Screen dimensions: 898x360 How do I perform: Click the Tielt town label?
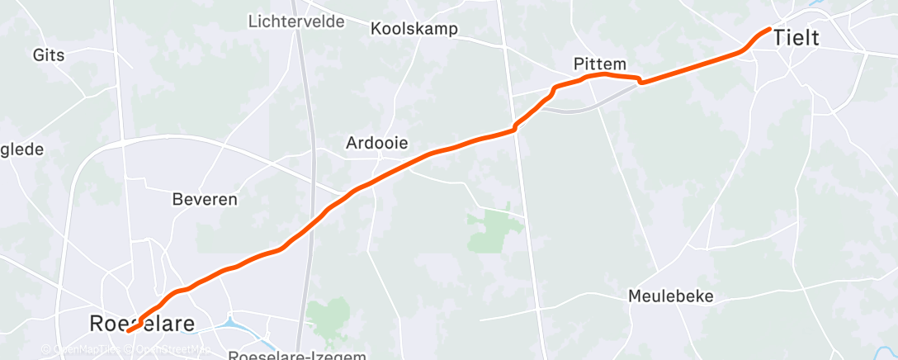(796, 37)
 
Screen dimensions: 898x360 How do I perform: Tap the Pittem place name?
(600, 64)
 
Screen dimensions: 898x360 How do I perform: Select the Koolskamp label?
(414, 30)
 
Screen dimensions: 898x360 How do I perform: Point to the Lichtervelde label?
(296, 21)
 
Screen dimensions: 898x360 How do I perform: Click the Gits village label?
(50, 55)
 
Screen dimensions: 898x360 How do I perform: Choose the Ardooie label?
(376, 143)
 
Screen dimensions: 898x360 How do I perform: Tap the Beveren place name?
(205, 199)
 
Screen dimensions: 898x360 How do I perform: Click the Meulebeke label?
(670, 296)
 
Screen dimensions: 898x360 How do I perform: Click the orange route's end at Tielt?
(769, 29)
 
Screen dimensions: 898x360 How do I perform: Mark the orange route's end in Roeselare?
(129, 331)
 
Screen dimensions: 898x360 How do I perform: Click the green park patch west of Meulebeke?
(490, 231)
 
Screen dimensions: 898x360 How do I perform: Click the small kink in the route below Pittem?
(640, 80)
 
